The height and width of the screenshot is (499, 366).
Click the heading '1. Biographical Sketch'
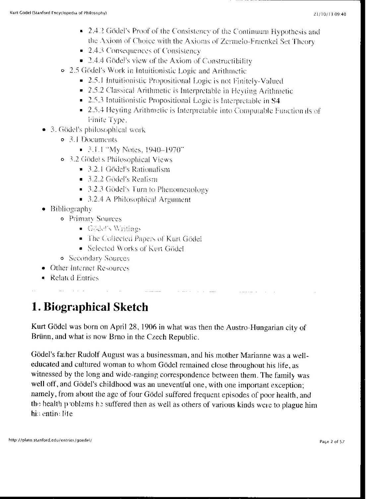point(90,307)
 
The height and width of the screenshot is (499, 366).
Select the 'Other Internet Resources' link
point(90,268)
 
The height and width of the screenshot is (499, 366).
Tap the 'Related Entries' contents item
point(74,278)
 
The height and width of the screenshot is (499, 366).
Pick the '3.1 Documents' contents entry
point(93,140)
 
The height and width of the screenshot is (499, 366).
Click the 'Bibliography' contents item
point(71,209)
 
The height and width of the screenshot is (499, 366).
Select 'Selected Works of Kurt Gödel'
point(136,248)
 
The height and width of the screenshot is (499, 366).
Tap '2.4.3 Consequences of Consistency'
point(144,51)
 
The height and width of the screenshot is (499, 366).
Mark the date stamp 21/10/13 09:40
point(329,14)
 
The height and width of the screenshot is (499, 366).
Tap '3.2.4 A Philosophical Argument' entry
point(139,199)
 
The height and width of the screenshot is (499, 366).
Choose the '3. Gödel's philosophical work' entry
point(98,130)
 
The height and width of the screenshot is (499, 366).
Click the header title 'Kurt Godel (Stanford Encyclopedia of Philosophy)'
point(58,13)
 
